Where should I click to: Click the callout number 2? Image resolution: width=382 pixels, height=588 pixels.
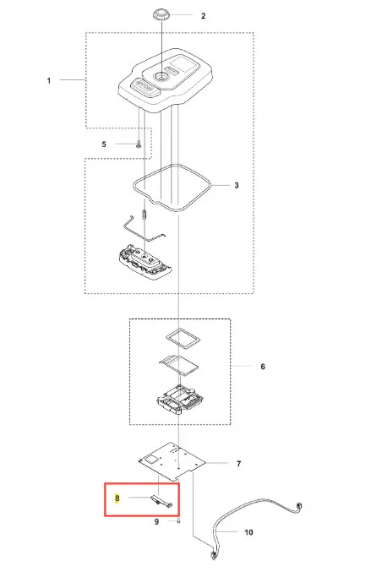pos(203,16)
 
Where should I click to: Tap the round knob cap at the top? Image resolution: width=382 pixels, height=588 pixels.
pos(161,16)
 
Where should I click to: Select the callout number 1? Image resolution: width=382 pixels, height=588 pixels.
pos(49,80)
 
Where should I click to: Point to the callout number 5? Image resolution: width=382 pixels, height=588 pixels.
pos(104,144)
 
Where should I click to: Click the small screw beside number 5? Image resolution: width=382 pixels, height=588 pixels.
pos(138,144)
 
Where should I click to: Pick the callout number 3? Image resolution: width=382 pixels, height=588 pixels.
pos(237,185)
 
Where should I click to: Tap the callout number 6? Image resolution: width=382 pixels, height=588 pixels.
pos(263,367)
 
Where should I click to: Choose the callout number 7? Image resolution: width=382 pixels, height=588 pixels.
pos(238,464)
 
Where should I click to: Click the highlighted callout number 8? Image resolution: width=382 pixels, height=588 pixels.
pos(117,498)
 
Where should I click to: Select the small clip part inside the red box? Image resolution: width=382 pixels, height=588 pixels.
pos(162,501)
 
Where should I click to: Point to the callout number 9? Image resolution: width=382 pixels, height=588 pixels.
pos(157,521)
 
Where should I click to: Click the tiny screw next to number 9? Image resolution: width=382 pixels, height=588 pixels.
pos(178,521)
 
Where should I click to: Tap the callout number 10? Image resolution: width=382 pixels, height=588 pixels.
pos(248,532)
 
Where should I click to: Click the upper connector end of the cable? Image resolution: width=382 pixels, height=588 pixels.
pos(299,507)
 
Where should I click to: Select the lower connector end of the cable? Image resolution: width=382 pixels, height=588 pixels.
pos(214,555)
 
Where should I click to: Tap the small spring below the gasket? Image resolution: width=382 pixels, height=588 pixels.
pos(144,215)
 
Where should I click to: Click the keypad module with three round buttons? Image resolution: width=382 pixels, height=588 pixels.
pos(144,262)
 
